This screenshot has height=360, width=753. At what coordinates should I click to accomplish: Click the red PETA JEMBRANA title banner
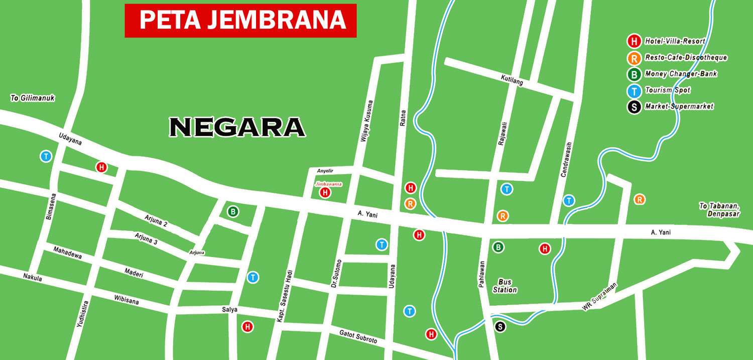(240, 21)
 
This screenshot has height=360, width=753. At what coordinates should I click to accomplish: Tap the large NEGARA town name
(237, 128)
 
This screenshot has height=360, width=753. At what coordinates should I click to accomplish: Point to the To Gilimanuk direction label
(33, 98)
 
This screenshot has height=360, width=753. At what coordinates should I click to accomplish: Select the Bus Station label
(505, 286)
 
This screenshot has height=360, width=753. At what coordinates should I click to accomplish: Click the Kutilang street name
(512, 80)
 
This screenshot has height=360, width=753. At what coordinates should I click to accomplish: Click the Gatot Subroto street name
(358, 337)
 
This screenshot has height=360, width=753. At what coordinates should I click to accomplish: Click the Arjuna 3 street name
(146, 238)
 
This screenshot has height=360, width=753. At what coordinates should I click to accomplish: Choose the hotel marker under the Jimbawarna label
(325, 192)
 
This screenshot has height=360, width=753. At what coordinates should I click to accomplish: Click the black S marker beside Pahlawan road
(500, 327)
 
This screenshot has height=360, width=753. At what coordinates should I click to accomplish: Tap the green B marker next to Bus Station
(498, 247)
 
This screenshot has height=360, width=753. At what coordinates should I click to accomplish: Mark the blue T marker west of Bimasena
(46, 156)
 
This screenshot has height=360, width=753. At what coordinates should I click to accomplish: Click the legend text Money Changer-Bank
(681, 74)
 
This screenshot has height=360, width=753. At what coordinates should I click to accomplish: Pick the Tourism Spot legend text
(667, 90)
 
